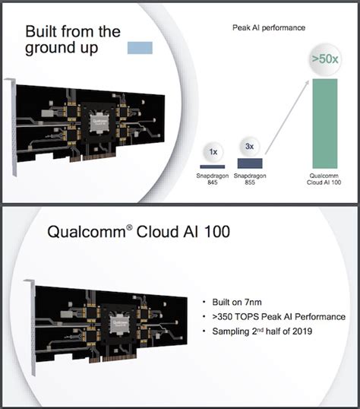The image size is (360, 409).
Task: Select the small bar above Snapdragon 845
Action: pos(213,166)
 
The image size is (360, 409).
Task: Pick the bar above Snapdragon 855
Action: pos(251,163)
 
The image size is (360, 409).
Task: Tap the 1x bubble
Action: pos(213,151)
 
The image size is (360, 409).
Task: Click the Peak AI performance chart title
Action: pos(268,28)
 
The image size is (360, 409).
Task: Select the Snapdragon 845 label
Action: pos(213,179)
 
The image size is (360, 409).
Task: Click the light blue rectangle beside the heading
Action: pos(140,47)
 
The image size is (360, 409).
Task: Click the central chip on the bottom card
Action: pos(119,319)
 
